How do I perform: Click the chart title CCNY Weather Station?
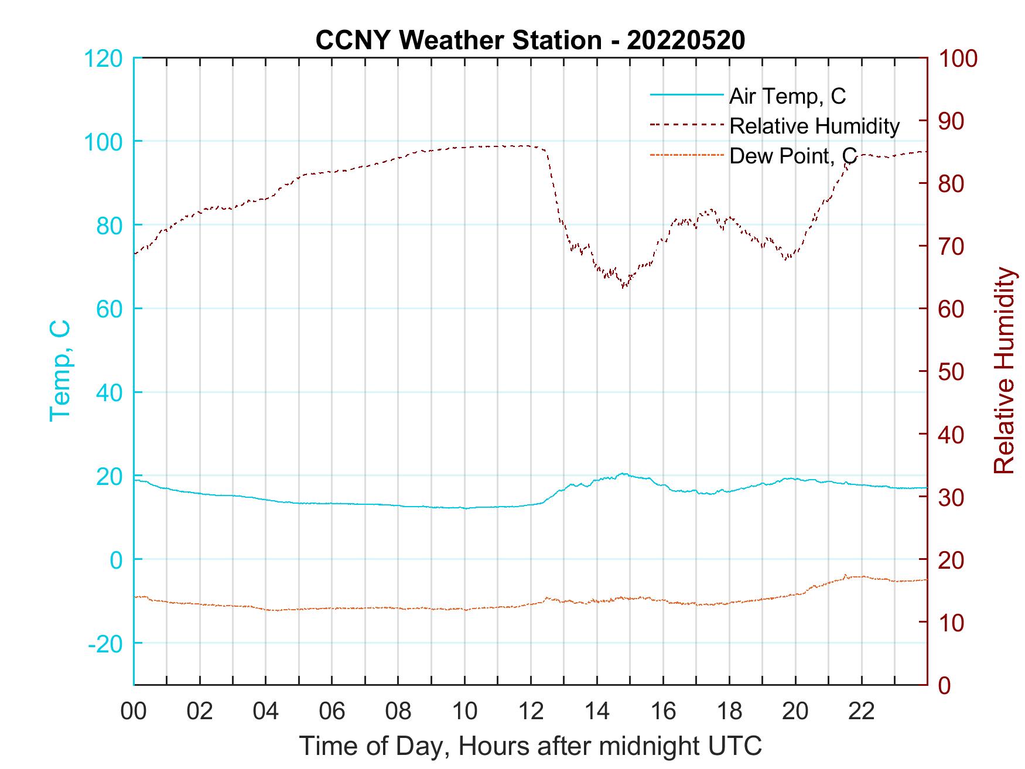tap(530, 40)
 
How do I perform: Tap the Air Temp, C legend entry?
tap(787, 96)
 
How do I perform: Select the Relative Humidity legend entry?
tap(814, 126)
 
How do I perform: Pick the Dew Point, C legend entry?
tap(792, 156)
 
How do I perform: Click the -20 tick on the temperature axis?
tap(105, 644)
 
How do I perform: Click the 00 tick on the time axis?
tap(134, 711)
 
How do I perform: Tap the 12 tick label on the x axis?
tap(531, 711)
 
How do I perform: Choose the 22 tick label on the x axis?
tap(862, 711)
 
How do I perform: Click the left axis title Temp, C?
tap(60, 370)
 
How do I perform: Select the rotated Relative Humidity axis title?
tap(1004, 370)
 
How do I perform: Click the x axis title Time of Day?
tap(531, 746)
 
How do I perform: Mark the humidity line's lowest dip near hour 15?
tap(624, 287)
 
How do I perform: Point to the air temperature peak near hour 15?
tap(623, 473)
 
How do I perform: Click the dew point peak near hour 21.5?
tap(846, 575)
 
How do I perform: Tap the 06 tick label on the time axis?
tap(332, 711)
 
